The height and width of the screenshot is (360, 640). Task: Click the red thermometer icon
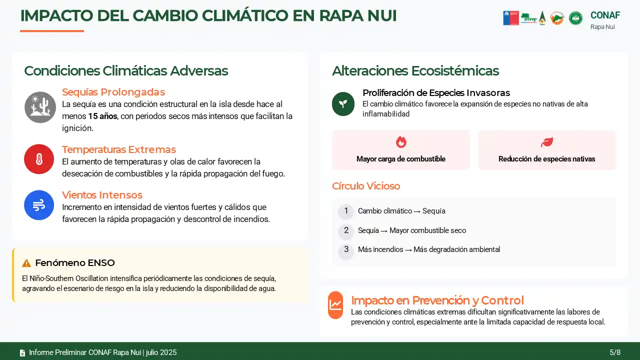tap(39, 159)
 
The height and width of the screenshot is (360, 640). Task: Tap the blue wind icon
tap(39, 205)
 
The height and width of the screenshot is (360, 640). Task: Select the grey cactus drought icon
tap(40, 107)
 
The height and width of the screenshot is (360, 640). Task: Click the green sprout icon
tap(343, 104)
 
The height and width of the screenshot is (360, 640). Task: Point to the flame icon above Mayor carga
tap(401, 142)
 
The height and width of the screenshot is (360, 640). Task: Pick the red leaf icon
tap(547, 142)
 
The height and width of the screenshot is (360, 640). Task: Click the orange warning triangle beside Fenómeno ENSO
tap(26, 263)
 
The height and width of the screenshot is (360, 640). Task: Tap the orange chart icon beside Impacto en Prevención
tap(335, 305)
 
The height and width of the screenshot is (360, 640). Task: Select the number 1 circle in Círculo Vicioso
tap(346, 211)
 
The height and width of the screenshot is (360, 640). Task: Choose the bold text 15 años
tap(102, 116)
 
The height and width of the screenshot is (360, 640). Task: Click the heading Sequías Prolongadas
tap(113, 92)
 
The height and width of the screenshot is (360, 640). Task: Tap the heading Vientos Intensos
tap(102, 195)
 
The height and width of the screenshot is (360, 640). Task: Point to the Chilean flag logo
tap(511, 18)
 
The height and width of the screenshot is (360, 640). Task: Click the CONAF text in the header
tap(605, 15)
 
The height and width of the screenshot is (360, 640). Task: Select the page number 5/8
tap(615, 352)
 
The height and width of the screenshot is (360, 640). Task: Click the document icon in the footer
tap(22, 353)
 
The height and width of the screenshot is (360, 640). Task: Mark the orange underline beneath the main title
tap(52, 31)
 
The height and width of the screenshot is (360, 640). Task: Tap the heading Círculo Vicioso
tap(366, 186)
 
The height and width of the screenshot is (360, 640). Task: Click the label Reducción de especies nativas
tap(547, 159)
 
